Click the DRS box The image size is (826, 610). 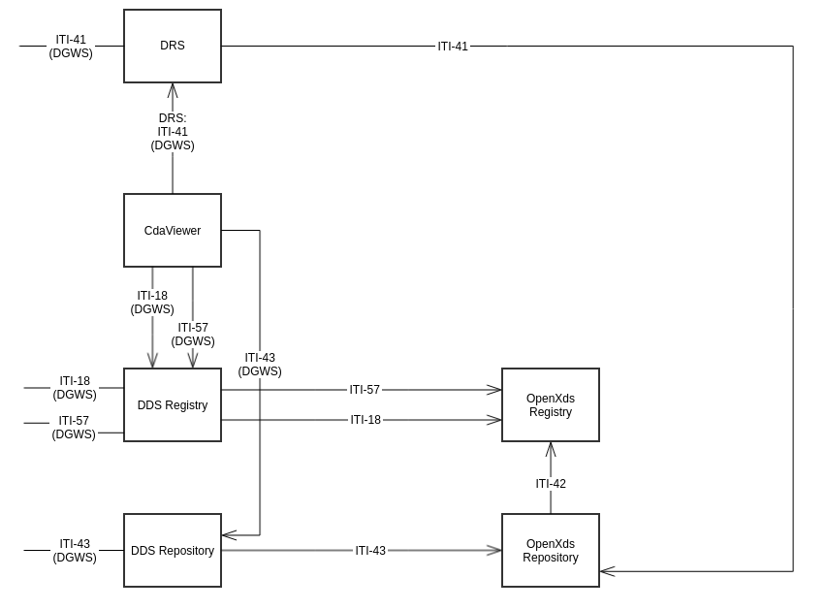[x=173, y=46]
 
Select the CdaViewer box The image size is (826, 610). [x=173, y=231]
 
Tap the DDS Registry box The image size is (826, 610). [x=173, y=405]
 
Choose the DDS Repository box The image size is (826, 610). [x=173, y=551]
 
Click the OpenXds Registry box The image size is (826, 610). [x=551, y=405]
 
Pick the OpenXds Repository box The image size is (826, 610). [x=551, y=551]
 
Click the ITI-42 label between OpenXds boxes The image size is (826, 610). [x=551, y=484]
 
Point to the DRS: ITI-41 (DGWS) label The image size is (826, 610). [x=173, y=132]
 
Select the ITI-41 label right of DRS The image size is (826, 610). [x=453, y=47]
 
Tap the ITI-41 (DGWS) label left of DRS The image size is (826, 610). [x=71, y=47]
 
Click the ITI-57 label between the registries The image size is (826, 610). [x=365, y=390]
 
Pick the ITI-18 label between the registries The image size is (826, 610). [x=365, y=420]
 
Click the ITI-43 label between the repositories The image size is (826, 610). [x=370, y=551]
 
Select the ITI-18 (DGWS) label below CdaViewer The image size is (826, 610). [x=152, y=303]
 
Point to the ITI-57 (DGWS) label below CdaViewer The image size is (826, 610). [x=193, y=335]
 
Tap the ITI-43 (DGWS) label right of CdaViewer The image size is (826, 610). [x=260, y=365]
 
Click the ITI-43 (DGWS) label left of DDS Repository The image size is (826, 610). [x=75, y=551]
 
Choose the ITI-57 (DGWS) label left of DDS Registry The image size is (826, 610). [x=74, y=428]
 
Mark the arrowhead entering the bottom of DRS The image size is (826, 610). [x=173, y=89]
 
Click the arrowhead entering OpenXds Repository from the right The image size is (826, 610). [x=606, y=571]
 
